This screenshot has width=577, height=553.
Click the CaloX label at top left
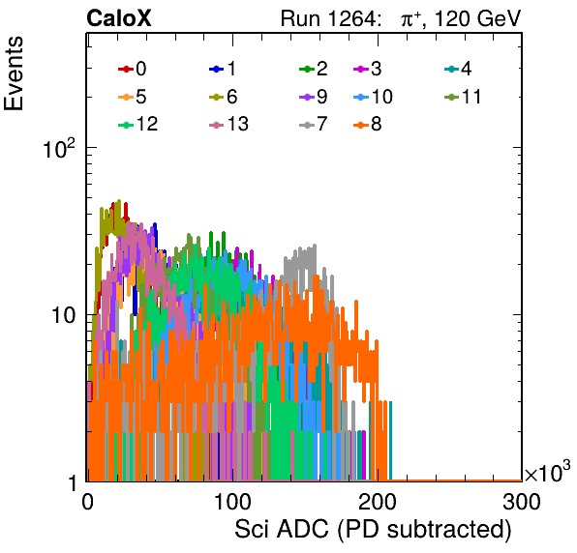click(119, 18)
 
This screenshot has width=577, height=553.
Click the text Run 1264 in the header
click(328, 18)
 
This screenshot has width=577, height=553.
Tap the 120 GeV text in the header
click(478, 18)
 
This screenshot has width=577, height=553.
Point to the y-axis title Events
click(14, 73)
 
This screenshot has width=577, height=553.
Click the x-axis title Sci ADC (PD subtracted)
click(373, 530)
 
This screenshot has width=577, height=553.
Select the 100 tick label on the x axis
click(232, 502)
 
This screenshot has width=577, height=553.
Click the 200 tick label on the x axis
click(378, 502)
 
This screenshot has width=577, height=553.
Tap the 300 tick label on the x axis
click(522, 502)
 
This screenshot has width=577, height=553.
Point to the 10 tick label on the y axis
click(63, 315)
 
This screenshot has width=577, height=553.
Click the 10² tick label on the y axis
click(59, 148)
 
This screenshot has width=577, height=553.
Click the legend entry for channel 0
click(132, 69)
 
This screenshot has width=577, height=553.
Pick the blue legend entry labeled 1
click(223, 69)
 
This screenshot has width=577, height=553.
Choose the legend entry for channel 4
click(458, 69)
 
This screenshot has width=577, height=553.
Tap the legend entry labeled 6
click(223, 97)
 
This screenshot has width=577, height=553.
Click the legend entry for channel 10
click(373, 97)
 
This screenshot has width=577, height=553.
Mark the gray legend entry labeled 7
click(314, 124)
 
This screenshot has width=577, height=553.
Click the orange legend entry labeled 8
click(368, 124)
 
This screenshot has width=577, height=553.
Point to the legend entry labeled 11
click(463, 97)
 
